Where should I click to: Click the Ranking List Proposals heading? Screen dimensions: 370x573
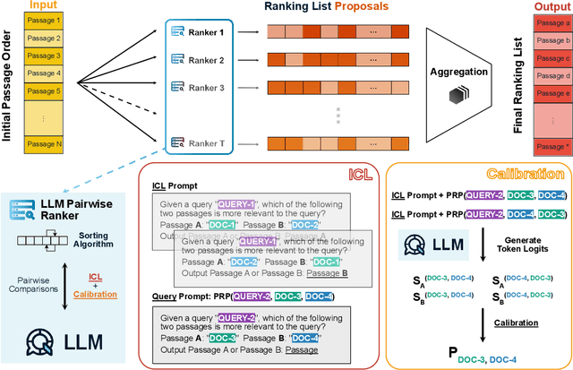click(x=338, y=7)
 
